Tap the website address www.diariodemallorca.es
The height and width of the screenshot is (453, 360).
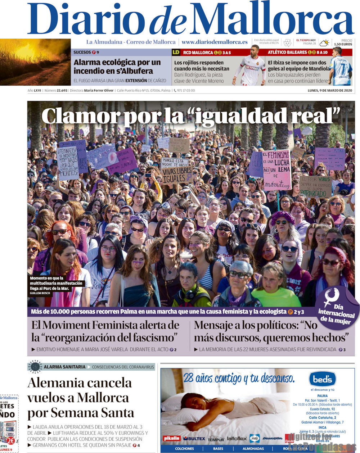click(x=215, y=42)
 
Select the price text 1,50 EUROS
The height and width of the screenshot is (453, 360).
click(x=343, y=44)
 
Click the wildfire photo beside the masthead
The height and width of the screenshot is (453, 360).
click(x=35, y=62)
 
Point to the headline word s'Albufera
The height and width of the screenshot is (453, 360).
click(x=135, y=71)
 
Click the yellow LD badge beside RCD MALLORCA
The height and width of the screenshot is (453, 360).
click(x=176, y=53)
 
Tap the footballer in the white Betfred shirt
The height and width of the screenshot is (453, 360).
click(x=252, y=67)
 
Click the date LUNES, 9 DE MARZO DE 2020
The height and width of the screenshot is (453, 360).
click(x=330, y=90)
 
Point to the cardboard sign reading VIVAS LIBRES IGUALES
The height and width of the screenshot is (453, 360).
click(x=176, y=175)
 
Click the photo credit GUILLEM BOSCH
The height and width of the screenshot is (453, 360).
click(x=41, y=294)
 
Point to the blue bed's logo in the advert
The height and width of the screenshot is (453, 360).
click(x=322, y=379)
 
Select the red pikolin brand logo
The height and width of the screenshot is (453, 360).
click(x=171, y=438)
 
